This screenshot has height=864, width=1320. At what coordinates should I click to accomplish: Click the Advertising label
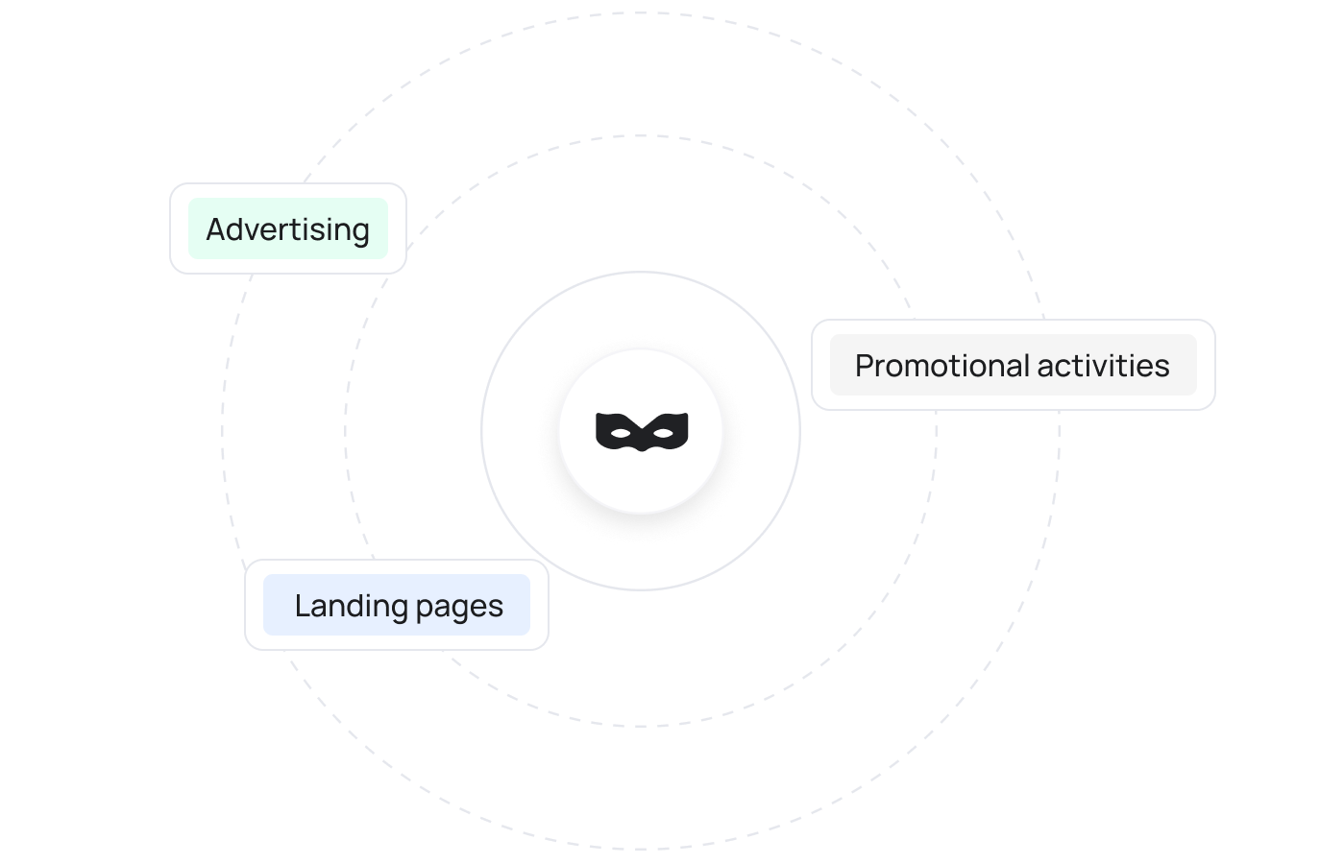[287, 229]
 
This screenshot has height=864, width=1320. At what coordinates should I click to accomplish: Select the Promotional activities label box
[1013, 365]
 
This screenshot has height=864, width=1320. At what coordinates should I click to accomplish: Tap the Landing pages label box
[397, 605]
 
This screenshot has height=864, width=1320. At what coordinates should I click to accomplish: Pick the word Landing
[341, 606]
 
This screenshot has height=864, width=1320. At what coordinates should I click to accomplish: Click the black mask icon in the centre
[642, 431]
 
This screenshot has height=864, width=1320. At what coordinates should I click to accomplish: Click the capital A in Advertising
[215, 229]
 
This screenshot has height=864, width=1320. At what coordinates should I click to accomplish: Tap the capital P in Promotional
[864, 366]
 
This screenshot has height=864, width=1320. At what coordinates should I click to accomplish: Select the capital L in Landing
[302, 606]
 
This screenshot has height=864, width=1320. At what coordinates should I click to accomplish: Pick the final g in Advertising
[360, 232]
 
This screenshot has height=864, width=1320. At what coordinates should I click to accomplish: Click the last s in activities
[1162, 367]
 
